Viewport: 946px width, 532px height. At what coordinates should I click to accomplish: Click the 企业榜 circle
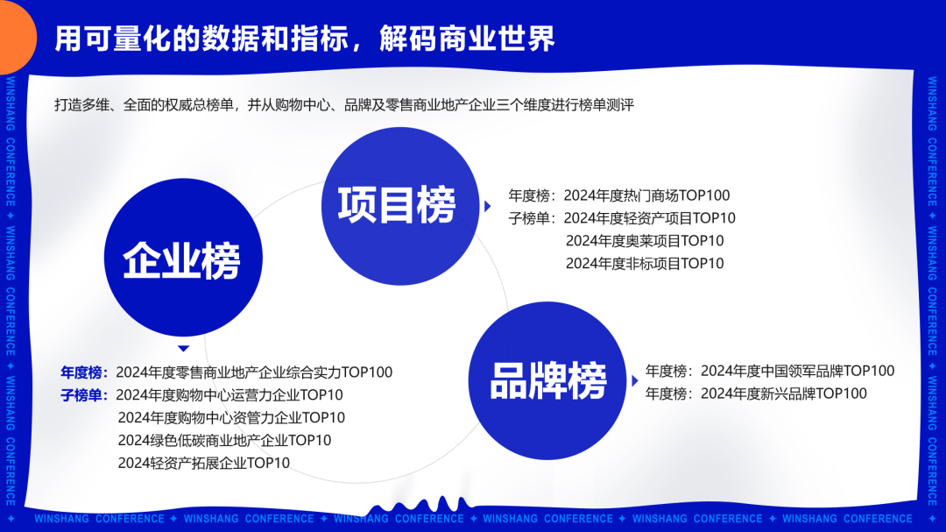pyautogui.click(x=183, y=258)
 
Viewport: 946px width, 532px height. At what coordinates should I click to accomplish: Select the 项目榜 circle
pyautogui.click(x=400, y=206)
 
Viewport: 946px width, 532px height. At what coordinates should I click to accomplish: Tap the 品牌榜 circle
pyautogui.click(x=547, y=380)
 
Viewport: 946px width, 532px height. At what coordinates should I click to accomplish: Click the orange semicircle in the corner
pyautogui.click(x=18, y=36)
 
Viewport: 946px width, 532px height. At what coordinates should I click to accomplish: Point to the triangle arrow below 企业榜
pyautogui.click(x=184, y=349)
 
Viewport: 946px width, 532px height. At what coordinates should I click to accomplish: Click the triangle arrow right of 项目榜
pyautogui.click(x=488, y=207)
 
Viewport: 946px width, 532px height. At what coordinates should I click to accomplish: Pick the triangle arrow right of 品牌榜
pyautogui.click(x=635, y=381)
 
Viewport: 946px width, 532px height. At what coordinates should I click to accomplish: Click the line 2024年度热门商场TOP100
pyautogui.click(x=646, y=195)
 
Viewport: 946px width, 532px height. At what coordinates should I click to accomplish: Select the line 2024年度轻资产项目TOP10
pyautogui.click(x=650, y=218)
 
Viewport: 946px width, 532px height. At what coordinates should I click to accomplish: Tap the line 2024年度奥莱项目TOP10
pyautogui.click(x=645, y=241)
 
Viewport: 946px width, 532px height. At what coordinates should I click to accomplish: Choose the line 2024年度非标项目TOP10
pyautogui.click(x=645, y=263)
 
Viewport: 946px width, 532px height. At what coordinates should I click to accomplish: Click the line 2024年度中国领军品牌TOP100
pyautogui.click(x=798, y=371)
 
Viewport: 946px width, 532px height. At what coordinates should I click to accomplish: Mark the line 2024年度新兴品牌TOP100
pyautogui.click(x=784, y=394)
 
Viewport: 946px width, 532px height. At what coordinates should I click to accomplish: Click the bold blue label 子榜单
pyautogui.click(x=81, y=395)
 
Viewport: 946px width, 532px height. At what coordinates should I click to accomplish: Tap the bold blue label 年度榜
pyautogui.click(x=81, y=372)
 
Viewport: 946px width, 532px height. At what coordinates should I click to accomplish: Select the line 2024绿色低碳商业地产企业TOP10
pyautogui.click(x=224, y=440)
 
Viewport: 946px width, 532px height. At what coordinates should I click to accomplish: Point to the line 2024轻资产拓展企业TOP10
pyautogui.click(x=204, y=463)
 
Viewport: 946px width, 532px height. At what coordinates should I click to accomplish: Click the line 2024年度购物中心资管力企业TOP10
pyautogui.click(x=231, y=418)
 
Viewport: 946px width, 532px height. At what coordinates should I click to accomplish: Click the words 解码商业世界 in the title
pyautogui.click(x=467, y=39)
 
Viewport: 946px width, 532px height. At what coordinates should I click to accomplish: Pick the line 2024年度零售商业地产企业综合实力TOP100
pyautogui.click(x=254, y=372)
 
